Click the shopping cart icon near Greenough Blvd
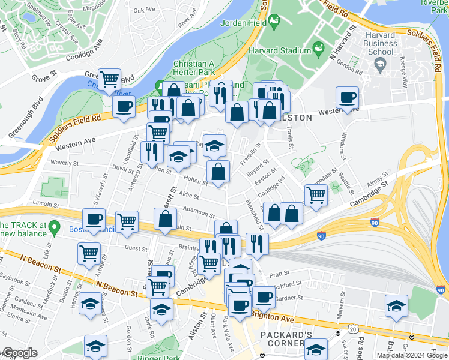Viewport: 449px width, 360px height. tap(109, 79)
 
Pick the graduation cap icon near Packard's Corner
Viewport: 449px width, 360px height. tap(316, 348)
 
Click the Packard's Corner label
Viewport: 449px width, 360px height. tap(283, 338)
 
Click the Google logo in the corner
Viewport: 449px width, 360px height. tap(19, 353)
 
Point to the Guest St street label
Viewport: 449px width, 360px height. tap(136, 248)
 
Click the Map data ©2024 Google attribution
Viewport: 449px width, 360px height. tap(411, 355)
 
